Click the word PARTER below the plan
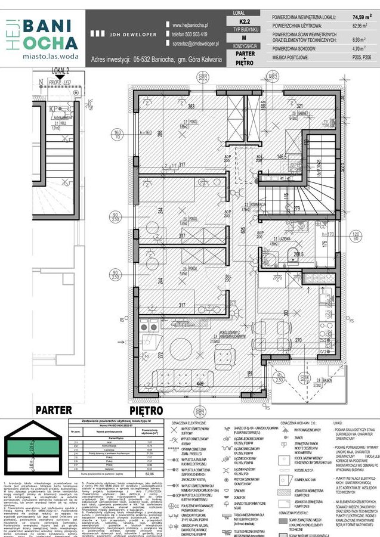click(x=54, y=411)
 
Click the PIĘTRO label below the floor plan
click(x=146, y=411)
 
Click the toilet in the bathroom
click(x=293, y=257)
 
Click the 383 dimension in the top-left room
click(x=191, y=107)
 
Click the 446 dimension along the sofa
click(x=197, y=386)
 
